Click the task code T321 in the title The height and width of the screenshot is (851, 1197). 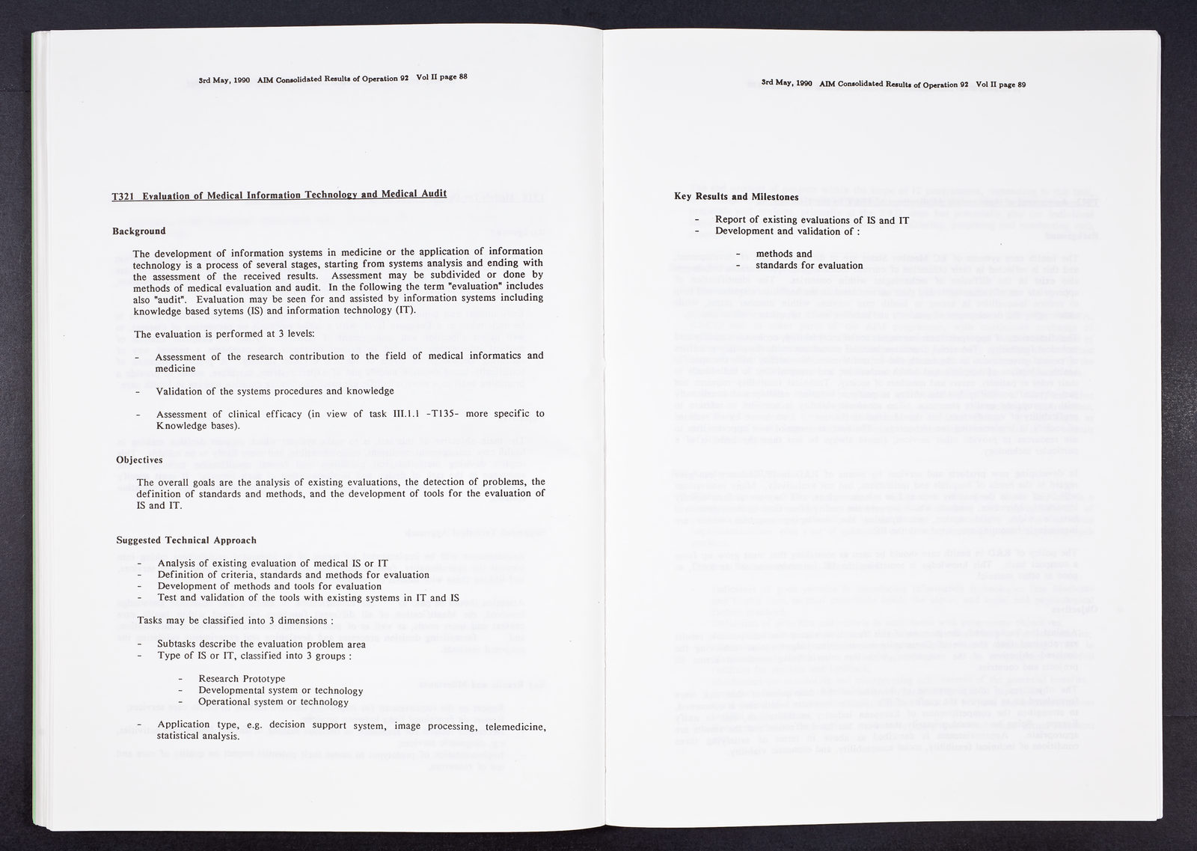pyautogui.click(x=123, y=197)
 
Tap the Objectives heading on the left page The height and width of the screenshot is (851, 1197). pyautogui.click(x=140, y=460)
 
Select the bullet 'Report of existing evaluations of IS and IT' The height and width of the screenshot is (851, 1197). pyautogui.click(x=812, y=220)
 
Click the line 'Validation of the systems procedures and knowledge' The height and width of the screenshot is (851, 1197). pyautogui.click(x=275, y=391)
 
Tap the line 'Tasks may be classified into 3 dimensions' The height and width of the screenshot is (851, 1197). pyautogui.click(x=235, y=620)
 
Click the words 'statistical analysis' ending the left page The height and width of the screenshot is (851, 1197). pyautogui.click(x=198, y=736)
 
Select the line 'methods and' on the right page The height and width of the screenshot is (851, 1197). pyautogui.click(x=783, y=254)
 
